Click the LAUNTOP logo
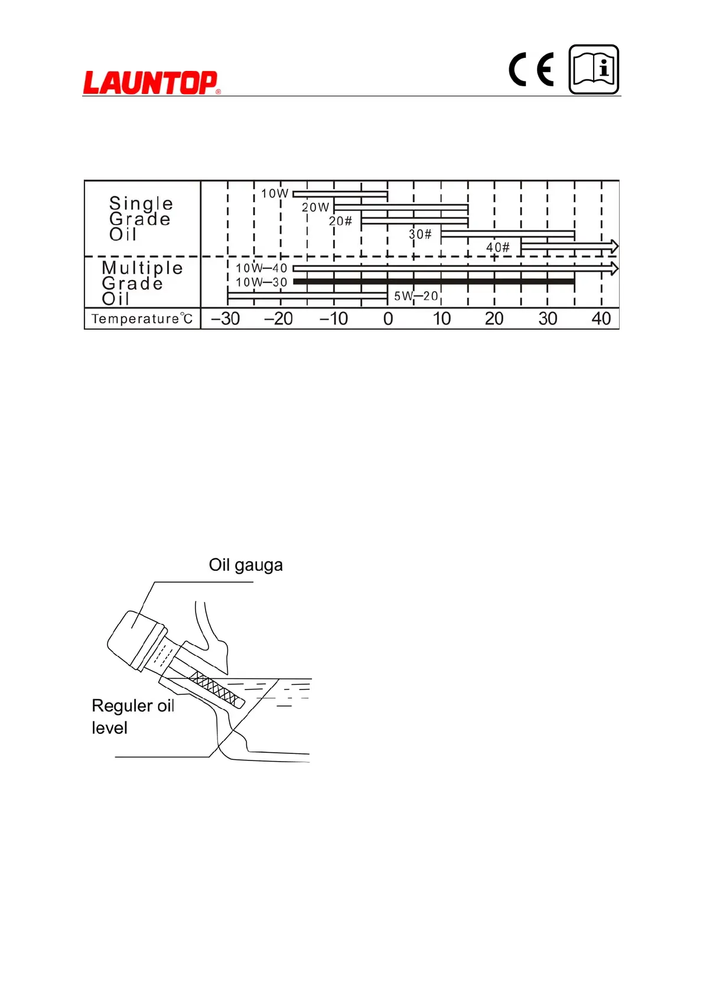click(151, 82)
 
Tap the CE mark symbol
click(531, 70)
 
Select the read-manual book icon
click(594, 70)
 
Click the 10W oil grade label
click(275, 193)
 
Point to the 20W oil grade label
click(315, 207)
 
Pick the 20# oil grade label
click(340, 221)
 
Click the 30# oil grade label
click(420, 235)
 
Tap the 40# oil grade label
click(497, 248)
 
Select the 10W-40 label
click(261, 268)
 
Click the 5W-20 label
click(416, 296)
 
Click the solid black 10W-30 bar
click(434, 282)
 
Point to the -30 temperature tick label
click(226, 319)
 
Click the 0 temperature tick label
click(388, 319)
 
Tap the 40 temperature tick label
click(601, 319)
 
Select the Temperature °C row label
click(142, 319)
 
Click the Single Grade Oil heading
click(141, 219)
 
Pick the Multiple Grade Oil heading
click(142, 283)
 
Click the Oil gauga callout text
click(246, 565)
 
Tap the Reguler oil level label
click(132, 716)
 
